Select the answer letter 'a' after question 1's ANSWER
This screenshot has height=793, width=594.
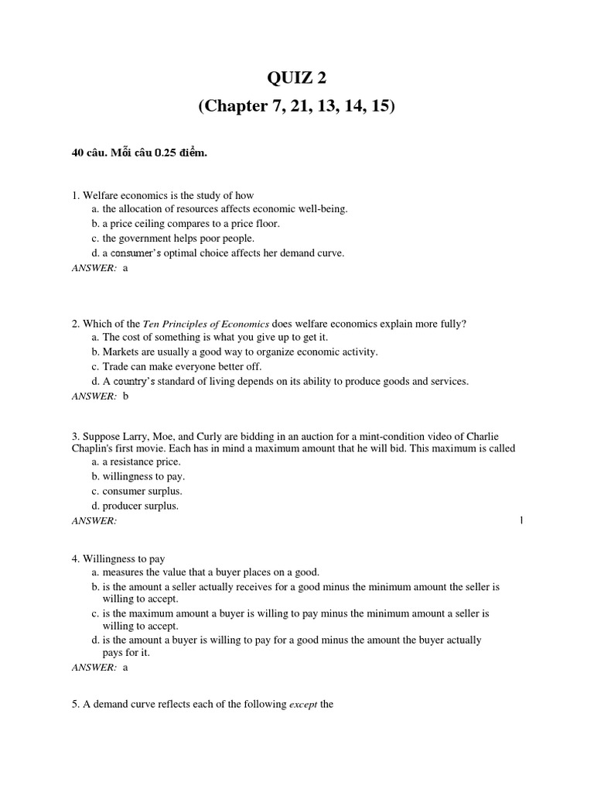(125, 267)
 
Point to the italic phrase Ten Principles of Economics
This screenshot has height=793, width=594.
(207, 323)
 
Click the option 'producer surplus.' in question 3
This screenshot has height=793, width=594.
(140, 506)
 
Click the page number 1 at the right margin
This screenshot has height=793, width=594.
(521, 520)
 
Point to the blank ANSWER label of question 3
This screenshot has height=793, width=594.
(94, 520)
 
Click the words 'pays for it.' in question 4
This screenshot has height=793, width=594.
(127, 653)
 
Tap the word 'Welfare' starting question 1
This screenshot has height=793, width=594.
(101, 195)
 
